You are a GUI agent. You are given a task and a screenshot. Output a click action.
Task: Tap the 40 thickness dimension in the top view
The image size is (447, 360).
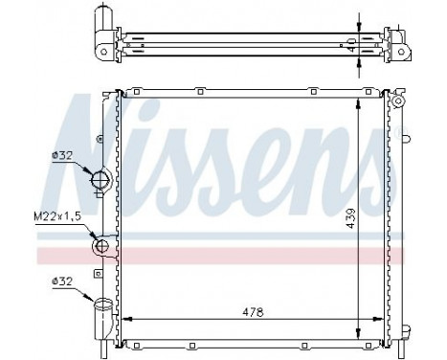click(351, 43)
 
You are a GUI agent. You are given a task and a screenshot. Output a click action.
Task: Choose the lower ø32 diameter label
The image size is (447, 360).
click(62, 281)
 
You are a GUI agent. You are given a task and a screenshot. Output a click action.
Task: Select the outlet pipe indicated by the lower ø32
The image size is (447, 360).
click(101, 309)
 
